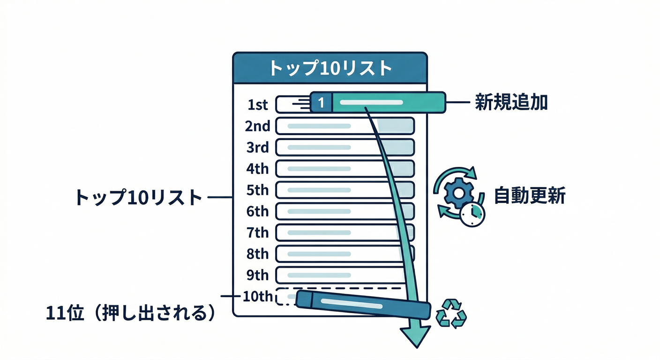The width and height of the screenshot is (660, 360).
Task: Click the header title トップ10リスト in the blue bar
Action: (330, 68)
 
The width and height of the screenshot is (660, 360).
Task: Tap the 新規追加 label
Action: (511, 102)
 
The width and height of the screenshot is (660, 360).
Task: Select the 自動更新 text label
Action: (530, 196)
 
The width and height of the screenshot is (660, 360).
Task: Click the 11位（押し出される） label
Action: (132, 313)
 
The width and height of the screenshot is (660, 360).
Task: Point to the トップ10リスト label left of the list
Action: (138, 197)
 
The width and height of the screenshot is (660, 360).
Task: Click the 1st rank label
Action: (258, 105)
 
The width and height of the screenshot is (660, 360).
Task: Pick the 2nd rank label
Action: (258, 126)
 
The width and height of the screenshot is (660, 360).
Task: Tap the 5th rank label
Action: (258, 190)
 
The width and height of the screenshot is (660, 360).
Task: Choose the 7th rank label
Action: (258, 232)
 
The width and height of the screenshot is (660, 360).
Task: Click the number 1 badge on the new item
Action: (321, 102)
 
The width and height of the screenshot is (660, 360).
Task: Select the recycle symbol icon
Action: (451, 313)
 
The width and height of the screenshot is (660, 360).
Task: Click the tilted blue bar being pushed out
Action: (363, 304)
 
